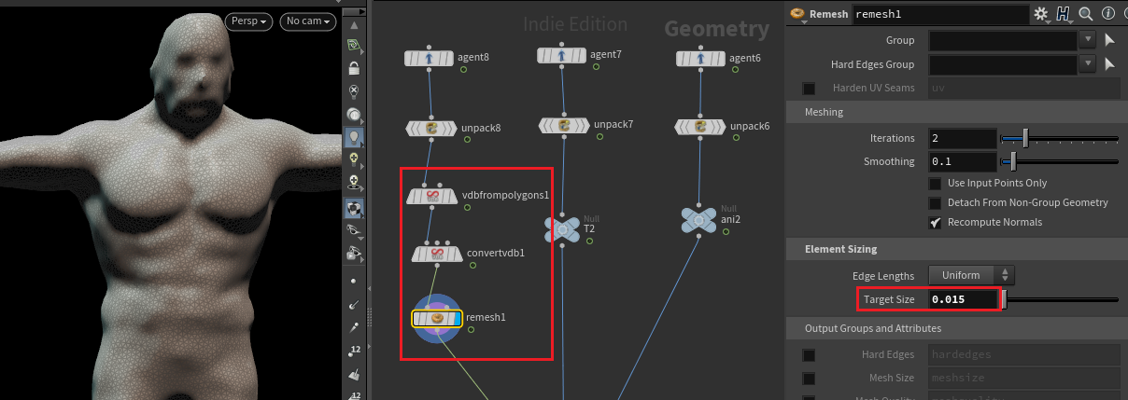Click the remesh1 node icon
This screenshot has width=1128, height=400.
click(436, 319)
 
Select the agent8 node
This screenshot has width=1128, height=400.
click(430, 59)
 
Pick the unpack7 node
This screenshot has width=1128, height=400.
click(563, 124)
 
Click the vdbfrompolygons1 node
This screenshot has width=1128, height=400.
click(432, 196)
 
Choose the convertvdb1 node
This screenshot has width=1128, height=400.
click(437, 254)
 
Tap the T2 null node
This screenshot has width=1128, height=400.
click(562, 228)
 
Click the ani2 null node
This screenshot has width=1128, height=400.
click(698, 219)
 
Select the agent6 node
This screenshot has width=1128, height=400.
click(700, 59)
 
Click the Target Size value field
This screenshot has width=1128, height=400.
click(962, 300)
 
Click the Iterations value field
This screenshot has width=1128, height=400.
click(962, 139)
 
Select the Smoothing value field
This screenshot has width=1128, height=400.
click(962, 162)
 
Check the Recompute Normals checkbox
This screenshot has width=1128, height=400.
click(935, 223)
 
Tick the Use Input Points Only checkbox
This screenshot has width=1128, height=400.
click(935, 184)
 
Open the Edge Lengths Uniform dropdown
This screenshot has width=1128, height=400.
click(971, 275)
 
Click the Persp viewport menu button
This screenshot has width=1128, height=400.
click(249, 21)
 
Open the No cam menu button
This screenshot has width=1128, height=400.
click(308, 21)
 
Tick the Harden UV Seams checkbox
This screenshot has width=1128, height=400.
click(809, 89)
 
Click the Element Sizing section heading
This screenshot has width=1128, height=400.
click(840, 250)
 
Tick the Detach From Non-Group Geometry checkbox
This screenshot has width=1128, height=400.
click(935, 203)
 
